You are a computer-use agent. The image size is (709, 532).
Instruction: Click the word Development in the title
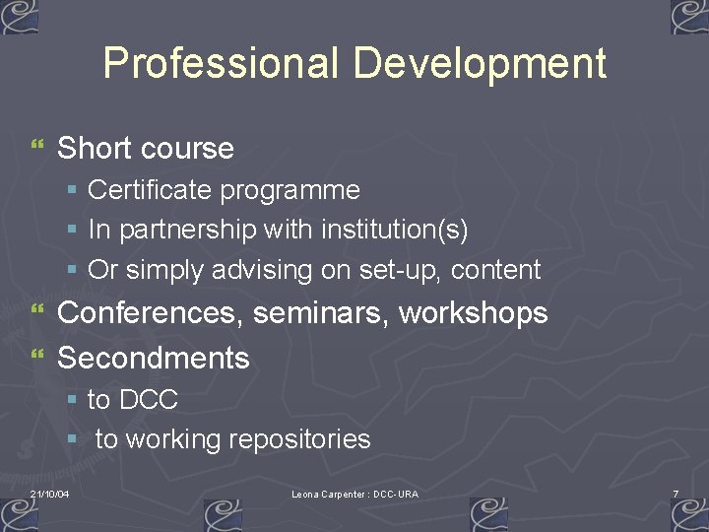pos(480,64)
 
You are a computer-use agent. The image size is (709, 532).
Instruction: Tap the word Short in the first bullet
pos(95,149)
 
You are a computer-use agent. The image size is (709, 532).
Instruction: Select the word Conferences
pos(151,313)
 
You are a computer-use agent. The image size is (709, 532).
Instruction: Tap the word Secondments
pos(154,358)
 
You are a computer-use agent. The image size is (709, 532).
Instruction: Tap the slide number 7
pos(676,493)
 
